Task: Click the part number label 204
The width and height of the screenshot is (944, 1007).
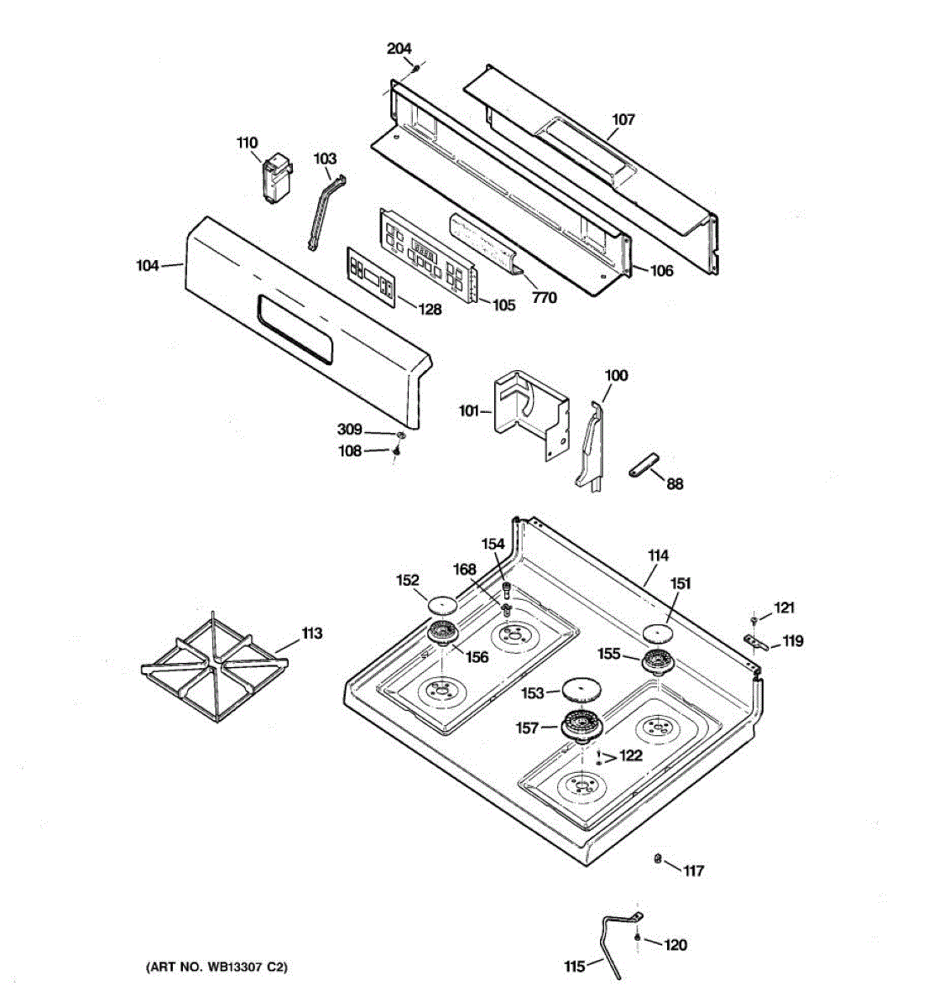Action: (399, 49)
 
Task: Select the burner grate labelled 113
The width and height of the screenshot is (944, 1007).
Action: (214, 669)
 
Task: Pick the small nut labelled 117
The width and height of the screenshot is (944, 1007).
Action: (659, 858)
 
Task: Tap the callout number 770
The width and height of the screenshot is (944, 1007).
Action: (544, 297)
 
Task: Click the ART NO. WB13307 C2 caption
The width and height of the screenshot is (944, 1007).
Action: (217, 968)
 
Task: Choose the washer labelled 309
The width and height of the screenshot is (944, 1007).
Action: (400, 435)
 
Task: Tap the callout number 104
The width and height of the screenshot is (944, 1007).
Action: (147, 266)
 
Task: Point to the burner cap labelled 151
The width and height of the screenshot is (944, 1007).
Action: (659, 634)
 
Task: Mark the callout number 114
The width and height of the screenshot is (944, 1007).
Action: (658, 556)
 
